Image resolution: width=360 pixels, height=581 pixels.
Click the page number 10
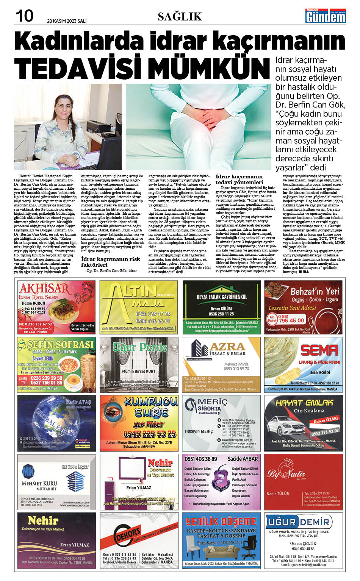coord(25,16)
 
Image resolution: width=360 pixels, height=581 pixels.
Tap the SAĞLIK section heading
coord(180,16)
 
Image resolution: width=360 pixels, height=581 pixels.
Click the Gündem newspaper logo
coord(326,16)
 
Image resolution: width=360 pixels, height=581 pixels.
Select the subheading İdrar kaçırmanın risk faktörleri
coord(111,262)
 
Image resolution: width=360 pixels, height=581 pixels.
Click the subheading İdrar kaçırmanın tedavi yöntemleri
coord(239,179)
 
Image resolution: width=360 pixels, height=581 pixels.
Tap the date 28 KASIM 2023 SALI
coord(67,21)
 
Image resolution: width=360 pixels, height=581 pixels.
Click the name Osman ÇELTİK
coord(303,543)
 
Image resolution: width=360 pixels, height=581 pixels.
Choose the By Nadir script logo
coord(281,473)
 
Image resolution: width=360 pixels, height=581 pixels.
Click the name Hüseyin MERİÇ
coord(199,431)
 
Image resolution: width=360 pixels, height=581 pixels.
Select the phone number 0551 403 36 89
coord(201,459)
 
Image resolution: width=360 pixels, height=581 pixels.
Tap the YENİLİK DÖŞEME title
coord(221,522)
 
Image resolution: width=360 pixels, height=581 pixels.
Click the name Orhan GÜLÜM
coord(221,309)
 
